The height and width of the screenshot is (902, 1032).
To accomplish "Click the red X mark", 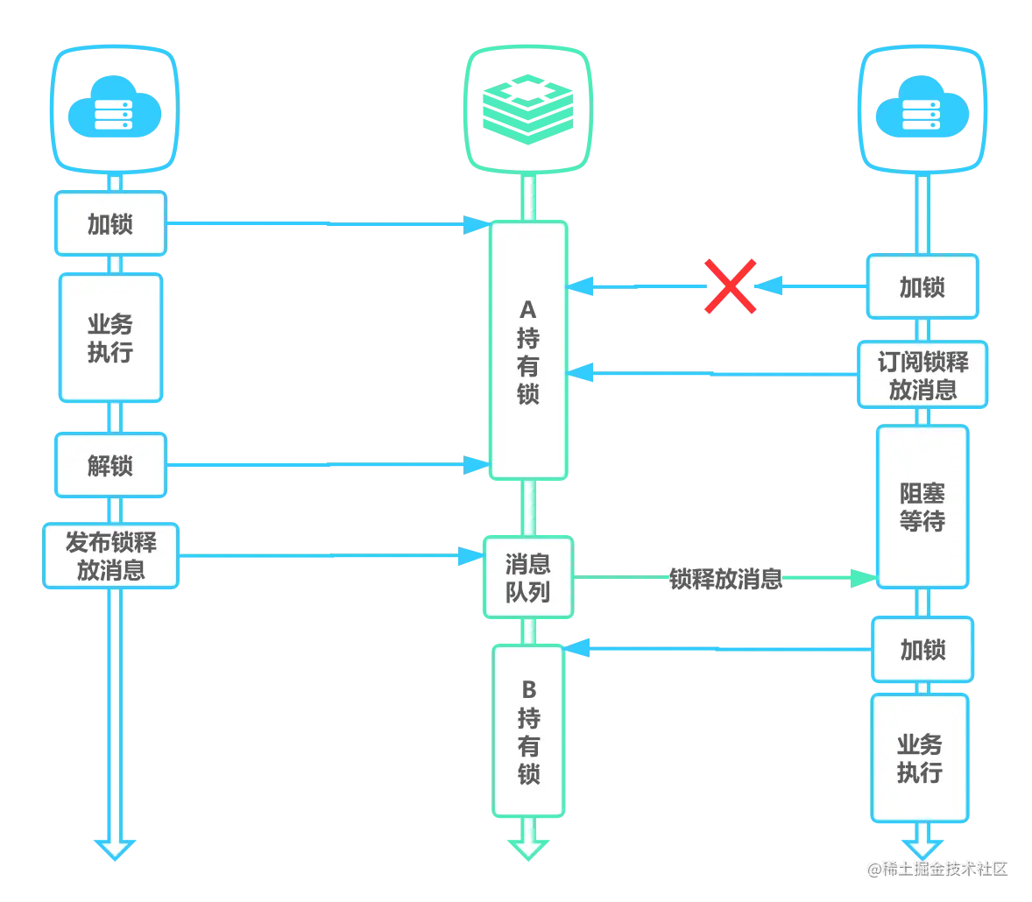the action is pos(730,286).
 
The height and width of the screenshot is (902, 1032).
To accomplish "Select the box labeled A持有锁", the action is pos(528,350).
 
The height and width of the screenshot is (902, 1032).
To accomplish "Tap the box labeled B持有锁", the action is pos(528,731).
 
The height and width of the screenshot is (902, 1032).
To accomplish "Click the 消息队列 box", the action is pos(528,577).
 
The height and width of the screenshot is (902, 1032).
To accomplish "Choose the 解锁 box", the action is pos(110,465).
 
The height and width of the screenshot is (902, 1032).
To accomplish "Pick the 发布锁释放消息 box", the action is pos(110,556).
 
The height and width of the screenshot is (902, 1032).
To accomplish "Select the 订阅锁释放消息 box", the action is pos(922,375).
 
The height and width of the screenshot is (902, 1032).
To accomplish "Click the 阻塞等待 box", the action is pos(922,506).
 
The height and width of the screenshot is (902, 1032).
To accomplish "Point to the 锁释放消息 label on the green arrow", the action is pos(726,579).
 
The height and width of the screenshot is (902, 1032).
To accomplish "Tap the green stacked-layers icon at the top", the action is pos(528,109).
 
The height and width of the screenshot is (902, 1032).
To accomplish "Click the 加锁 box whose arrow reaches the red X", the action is pos(922,287).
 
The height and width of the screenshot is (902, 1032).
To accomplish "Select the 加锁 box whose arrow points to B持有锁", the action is pos(922,650).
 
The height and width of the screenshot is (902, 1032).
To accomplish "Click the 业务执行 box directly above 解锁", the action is pos(110,338).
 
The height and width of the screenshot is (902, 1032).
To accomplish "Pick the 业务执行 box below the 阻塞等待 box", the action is pos(920,758).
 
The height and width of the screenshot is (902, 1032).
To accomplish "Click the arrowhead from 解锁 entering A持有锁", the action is pos(477,464).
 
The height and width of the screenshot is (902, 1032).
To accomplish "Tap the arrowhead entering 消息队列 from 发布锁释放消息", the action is pos(471,556).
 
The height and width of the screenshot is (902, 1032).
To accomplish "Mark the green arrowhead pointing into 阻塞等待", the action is pos(864,578).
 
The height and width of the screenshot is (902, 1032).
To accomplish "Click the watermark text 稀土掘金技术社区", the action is pos(945,869).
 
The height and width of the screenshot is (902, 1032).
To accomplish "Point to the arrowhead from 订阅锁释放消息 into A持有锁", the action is pos(581,373).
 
